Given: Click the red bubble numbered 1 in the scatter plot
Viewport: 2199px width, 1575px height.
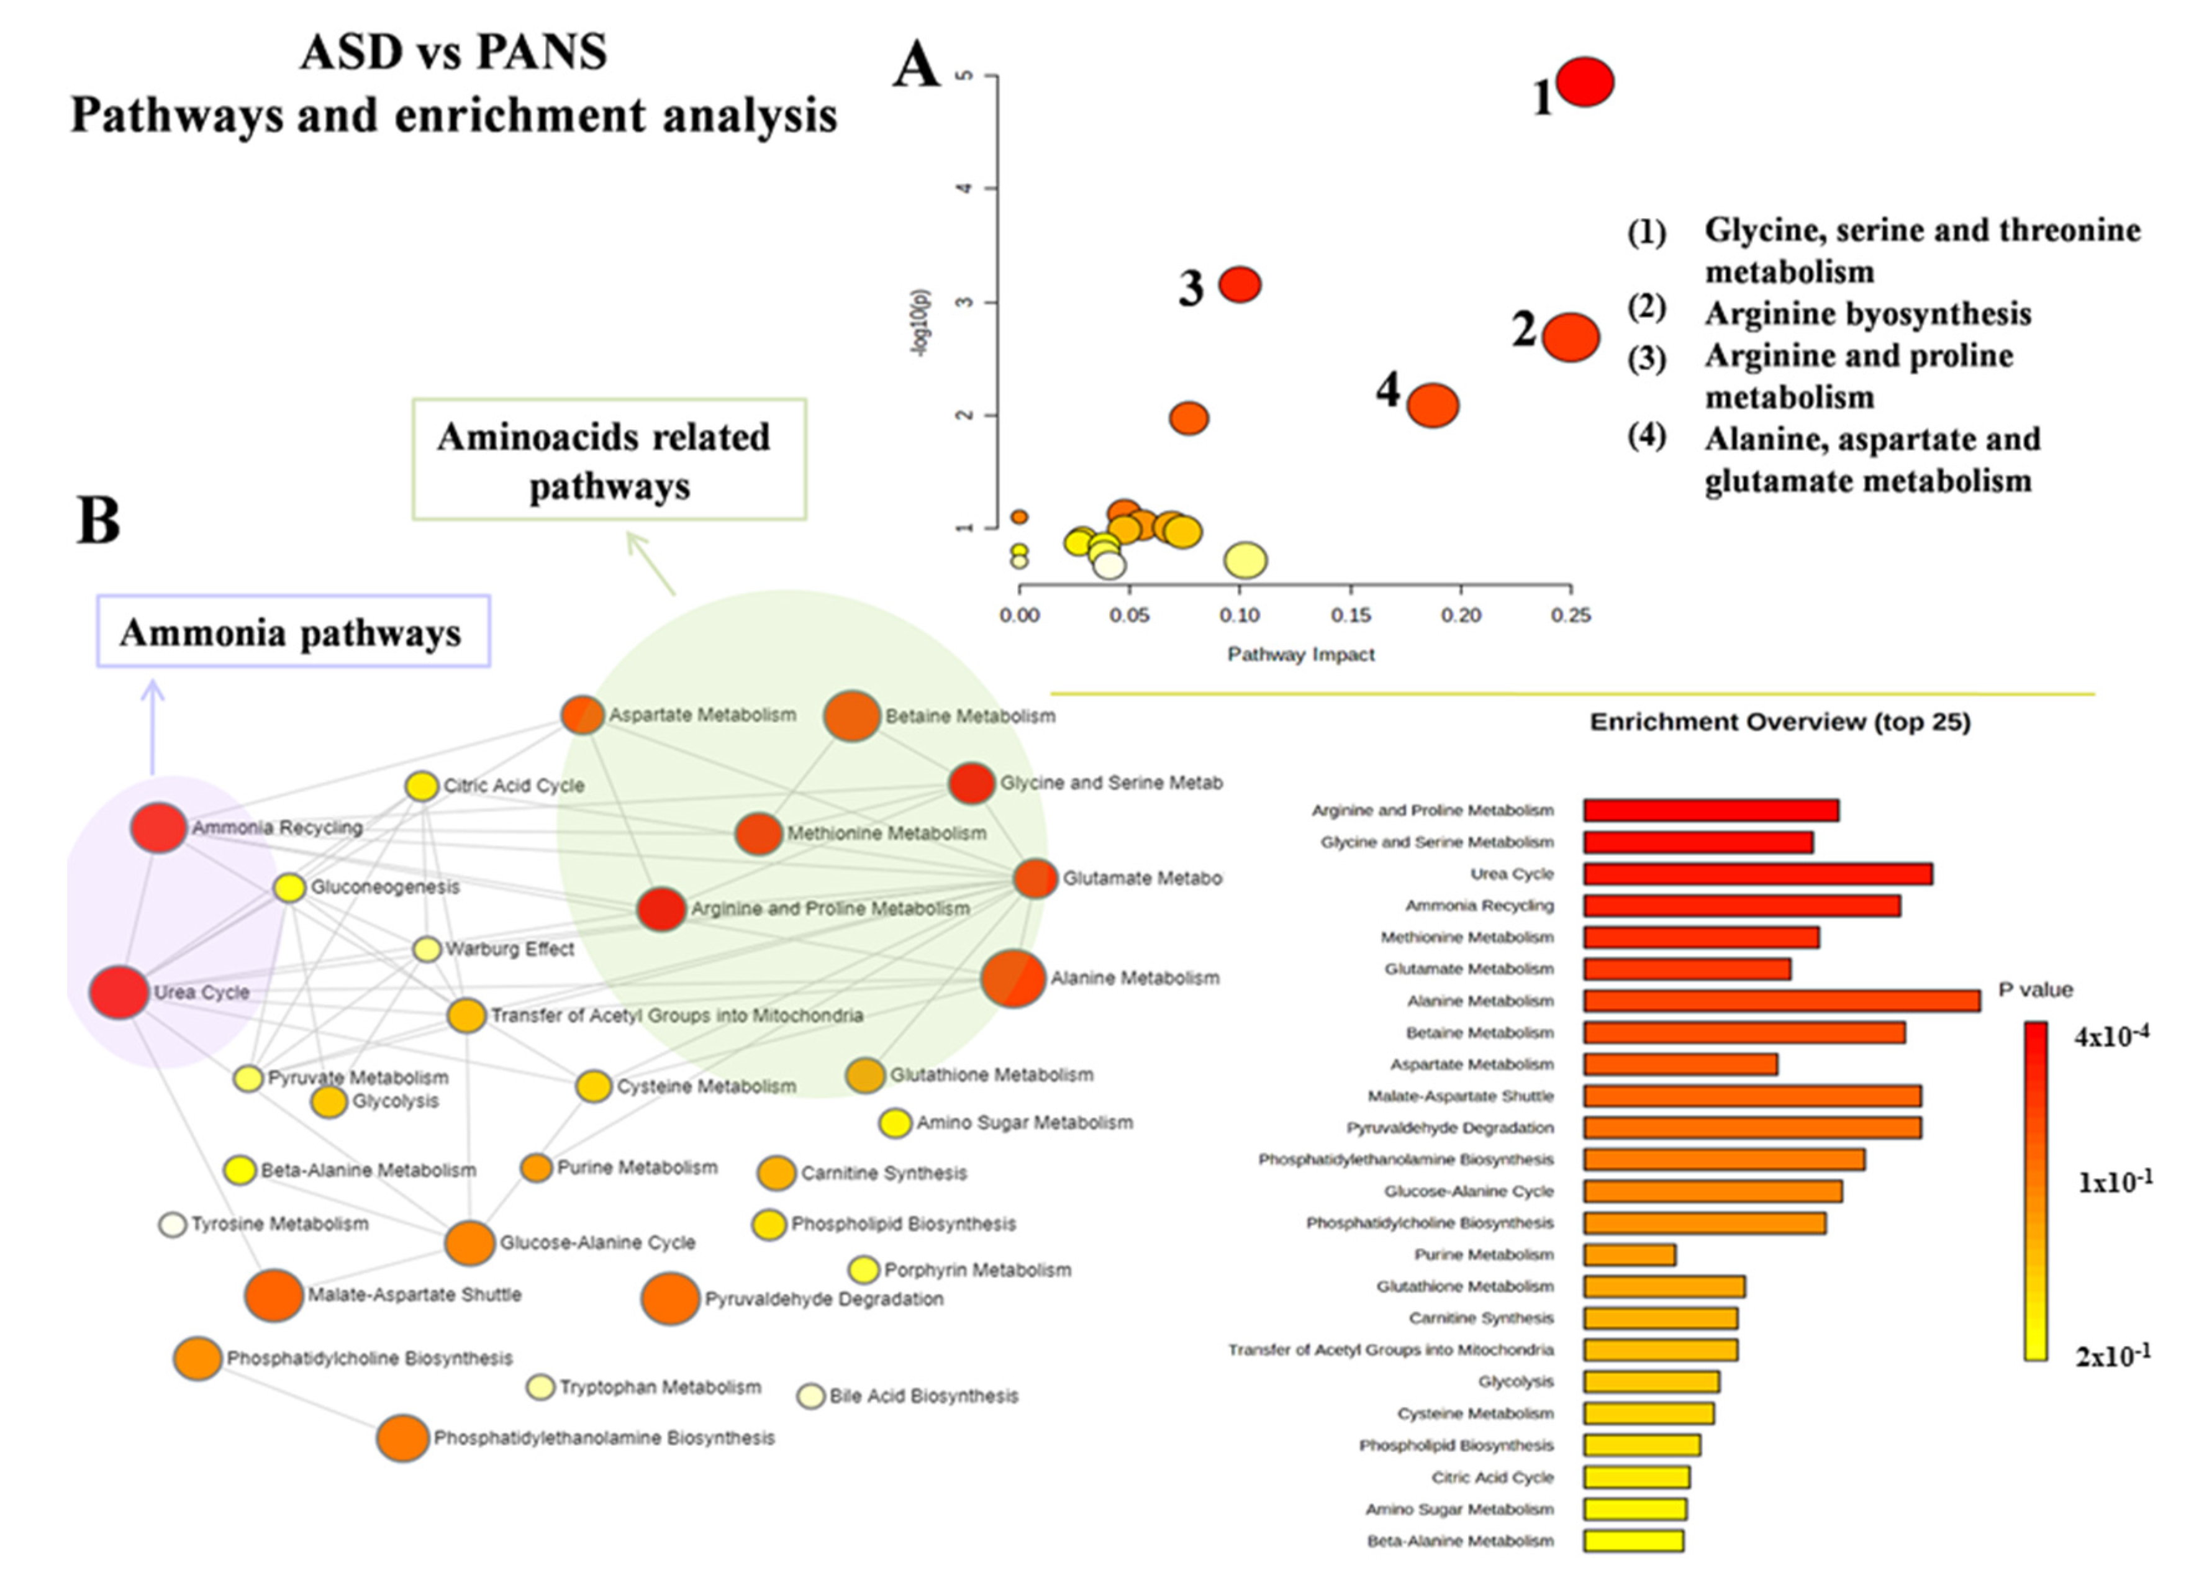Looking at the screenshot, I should tap(1584, 81).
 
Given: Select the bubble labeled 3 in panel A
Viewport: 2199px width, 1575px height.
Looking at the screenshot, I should tap(1239, 284).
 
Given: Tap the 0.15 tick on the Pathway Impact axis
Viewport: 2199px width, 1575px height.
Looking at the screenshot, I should tap(1349, 615).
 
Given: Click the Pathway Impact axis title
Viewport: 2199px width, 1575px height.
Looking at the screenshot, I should tap(1300, 655).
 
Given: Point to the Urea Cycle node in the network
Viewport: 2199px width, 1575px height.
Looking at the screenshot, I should tap(119, 992).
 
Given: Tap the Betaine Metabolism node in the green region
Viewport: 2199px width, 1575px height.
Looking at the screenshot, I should tap(851, 715).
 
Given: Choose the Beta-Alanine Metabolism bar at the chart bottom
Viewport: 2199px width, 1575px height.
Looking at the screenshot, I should tap(1634, 1541).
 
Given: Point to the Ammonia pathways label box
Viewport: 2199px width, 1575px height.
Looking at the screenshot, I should tap(293, 632).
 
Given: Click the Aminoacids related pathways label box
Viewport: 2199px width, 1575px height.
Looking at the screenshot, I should tap(609, 460).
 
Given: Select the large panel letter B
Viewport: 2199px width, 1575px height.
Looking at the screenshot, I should tap(98, 521).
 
